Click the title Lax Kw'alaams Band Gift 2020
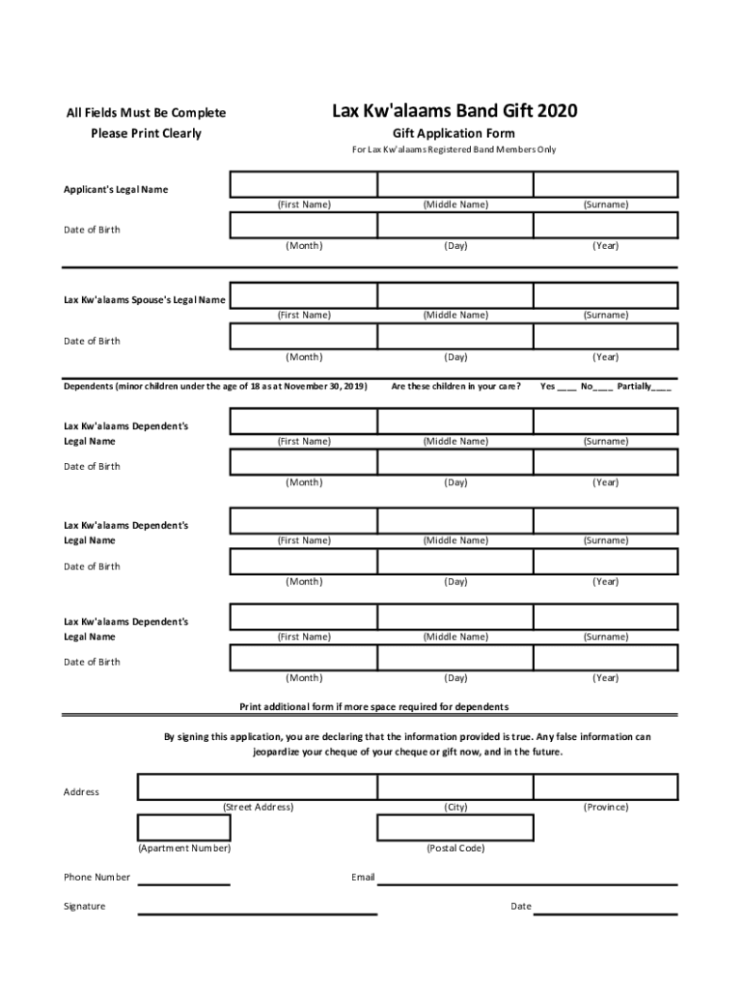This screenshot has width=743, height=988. pos(454,111)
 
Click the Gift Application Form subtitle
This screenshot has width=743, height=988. pos(454,133)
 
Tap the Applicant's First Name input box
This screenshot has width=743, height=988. pos(303,184)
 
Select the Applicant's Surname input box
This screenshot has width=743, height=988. pos(605,184)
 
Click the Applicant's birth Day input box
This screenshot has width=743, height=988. pos(454,226)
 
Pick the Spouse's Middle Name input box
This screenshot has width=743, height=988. pos(454,295)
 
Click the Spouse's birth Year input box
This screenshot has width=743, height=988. pos(605,336)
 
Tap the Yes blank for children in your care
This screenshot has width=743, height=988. pos(567,388)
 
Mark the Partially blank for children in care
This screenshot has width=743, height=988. pos(662,388)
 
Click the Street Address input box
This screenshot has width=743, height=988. pos(257,786)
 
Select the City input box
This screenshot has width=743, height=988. pos(454,786)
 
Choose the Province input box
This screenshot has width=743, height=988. pos(605,786)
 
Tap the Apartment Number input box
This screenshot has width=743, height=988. pos(183,828)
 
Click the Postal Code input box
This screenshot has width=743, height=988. pos(454,828)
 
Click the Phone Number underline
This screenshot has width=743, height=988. pos(184,883)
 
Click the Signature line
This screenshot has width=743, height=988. pos(257,912)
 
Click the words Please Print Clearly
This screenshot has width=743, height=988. pos(146,133)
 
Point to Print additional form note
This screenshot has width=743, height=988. pos(374,706)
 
